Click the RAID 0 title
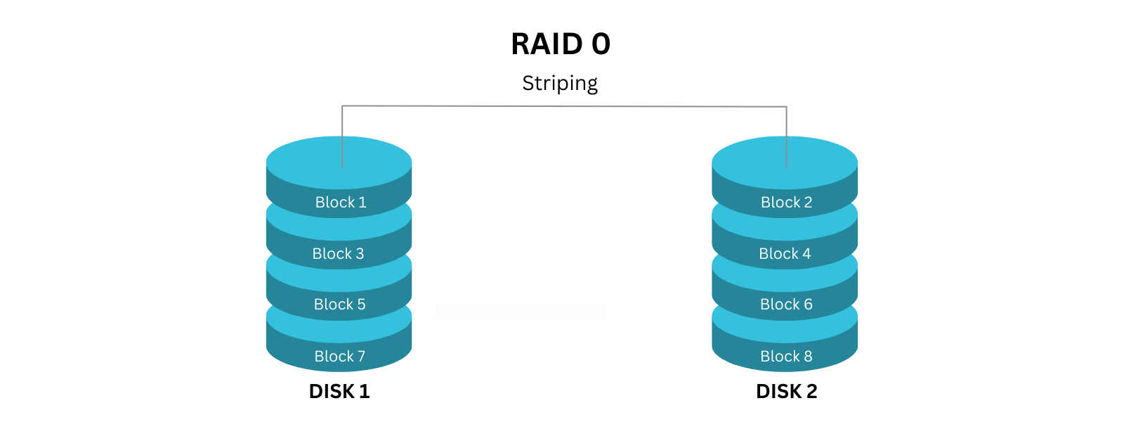point(560,44)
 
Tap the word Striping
point(560,84)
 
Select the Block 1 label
point(341,203)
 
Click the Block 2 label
point(786,203)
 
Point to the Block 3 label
point(338,254)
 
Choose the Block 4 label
point(785,254)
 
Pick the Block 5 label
point(339,305)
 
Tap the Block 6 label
point(786,305)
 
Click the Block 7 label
point(339,357)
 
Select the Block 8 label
point(786,357)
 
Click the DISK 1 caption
point(339,392)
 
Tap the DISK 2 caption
point(786,392)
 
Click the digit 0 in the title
point(601,44)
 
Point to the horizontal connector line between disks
point(562,106)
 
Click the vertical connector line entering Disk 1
point(342,137)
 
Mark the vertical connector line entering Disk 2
point(786,137)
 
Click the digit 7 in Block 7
point(361,357)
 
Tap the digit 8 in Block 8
point(808,357)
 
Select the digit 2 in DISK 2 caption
point(811,392)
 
